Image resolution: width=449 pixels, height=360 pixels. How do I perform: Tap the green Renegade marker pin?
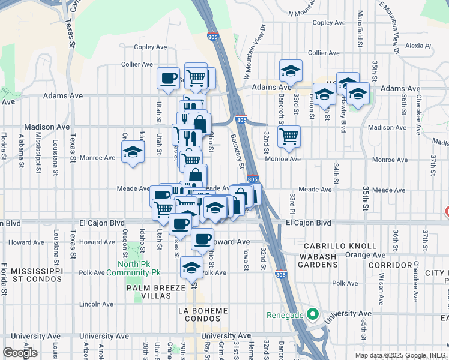312,313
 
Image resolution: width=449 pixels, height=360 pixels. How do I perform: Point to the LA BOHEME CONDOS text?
203,314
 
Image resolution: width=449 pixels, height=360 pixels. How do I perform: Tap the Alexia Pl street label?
418,46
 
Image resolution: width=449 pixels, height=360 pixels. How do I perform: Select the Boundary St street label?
239,151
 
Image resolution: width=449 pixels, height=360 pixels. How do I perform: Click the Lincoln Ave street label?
96,304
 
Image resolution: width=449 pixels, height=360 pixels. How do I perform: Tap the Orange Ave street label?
365,255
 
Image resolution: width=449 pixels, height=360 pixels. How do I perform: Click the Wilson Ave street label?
381,289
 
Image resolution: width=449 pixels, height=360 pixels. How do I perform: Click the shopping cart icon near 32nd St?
289,136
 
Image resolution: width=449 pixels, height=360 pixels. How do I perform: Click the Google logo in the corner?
20,353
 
